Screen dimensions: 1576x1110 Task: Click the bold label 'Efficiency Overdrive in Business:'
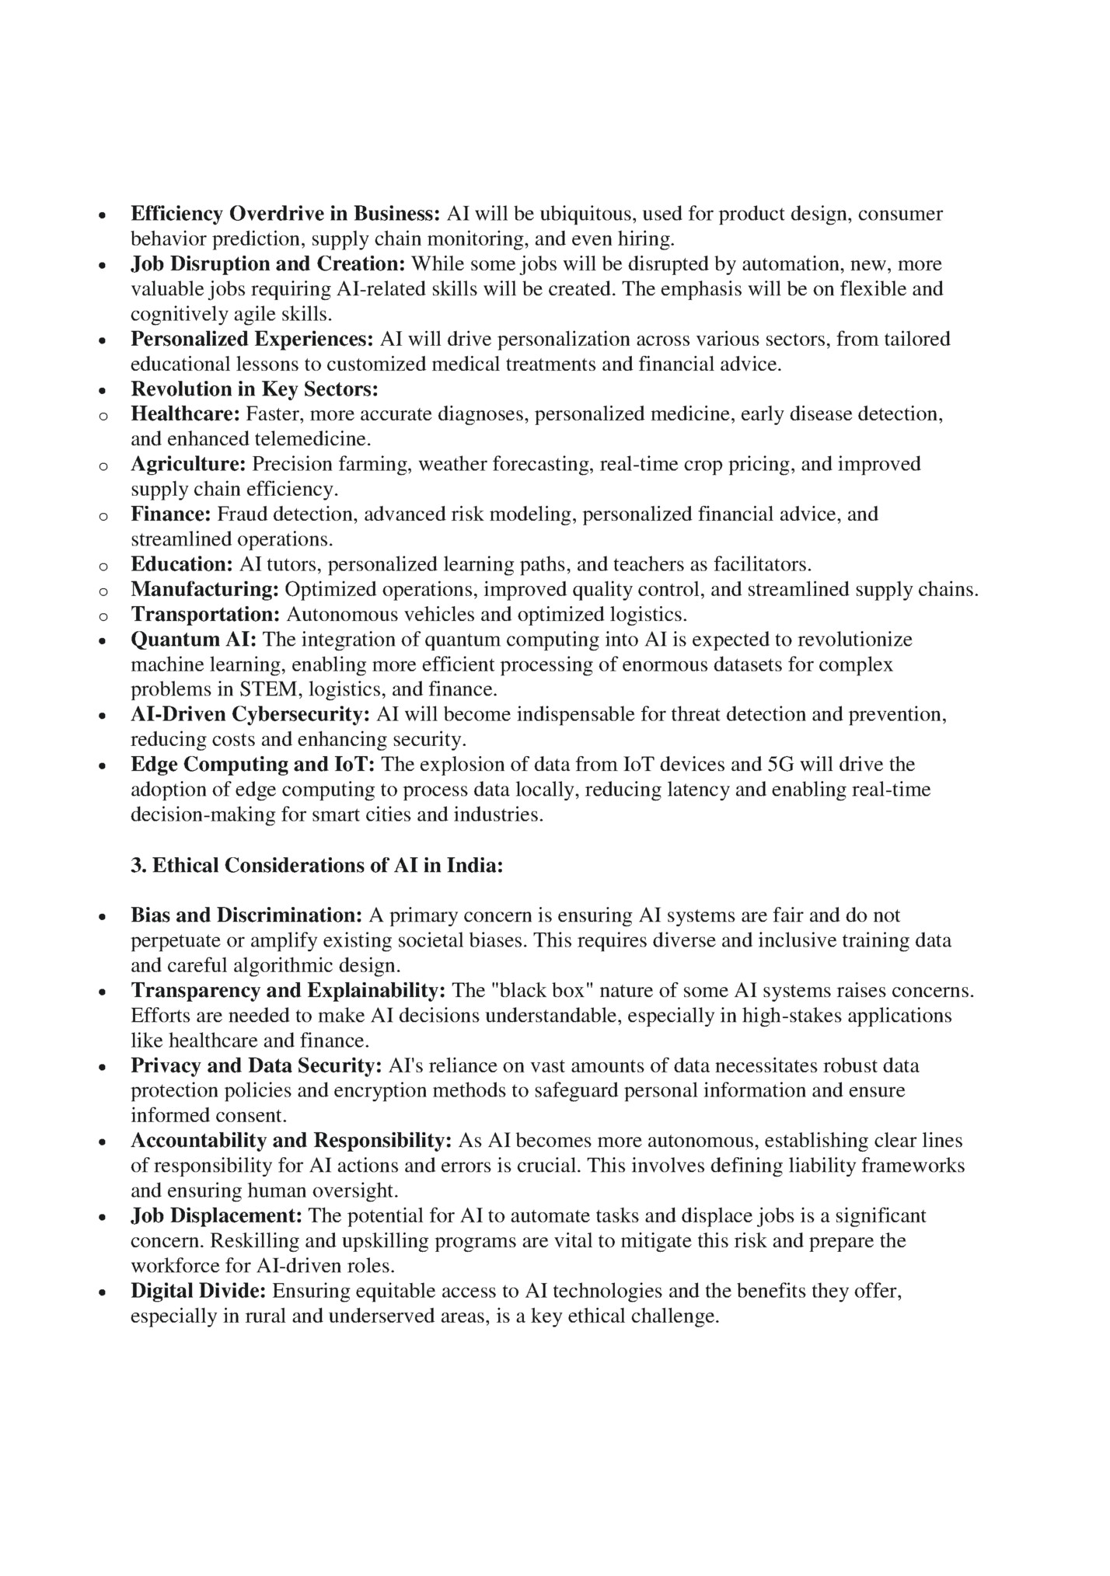pyautogui.click(x=285, y=214)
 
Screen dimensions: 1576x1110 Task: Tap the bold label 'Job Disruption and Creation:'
pyautogui.click(x=268, y=264)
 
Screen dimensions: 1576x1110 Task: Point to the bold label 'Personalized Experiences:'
pyautogui.click(x=253, y=340)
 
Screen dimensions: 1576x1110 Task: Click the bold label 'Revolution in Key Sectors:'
pyautogui.click(x=254, y=389)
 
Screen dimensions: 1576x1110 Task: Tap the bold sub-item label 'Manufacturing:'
pyautogui.click(x=204, y=590)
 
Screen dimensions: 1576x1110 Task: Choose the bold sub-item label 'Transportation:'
pyautogui.click(x=205, y=615)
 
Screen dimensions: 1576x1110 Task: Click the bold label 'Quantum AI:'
pyautogui.click(x=194, y=640)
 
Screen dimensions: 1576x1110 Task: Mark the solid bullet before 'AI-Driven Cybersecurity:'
pyautogui.click(x=103, y=716)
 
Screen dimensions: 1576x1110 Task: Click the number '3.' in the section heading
pyautogui.click(x=139, y=866)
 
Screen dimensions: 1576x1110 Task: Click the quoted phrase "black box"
pyautogui.click(x=532, y=991)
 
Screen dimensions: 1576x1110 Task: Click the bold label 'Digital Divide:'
pyautogui.click(x=198, y=1292)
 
